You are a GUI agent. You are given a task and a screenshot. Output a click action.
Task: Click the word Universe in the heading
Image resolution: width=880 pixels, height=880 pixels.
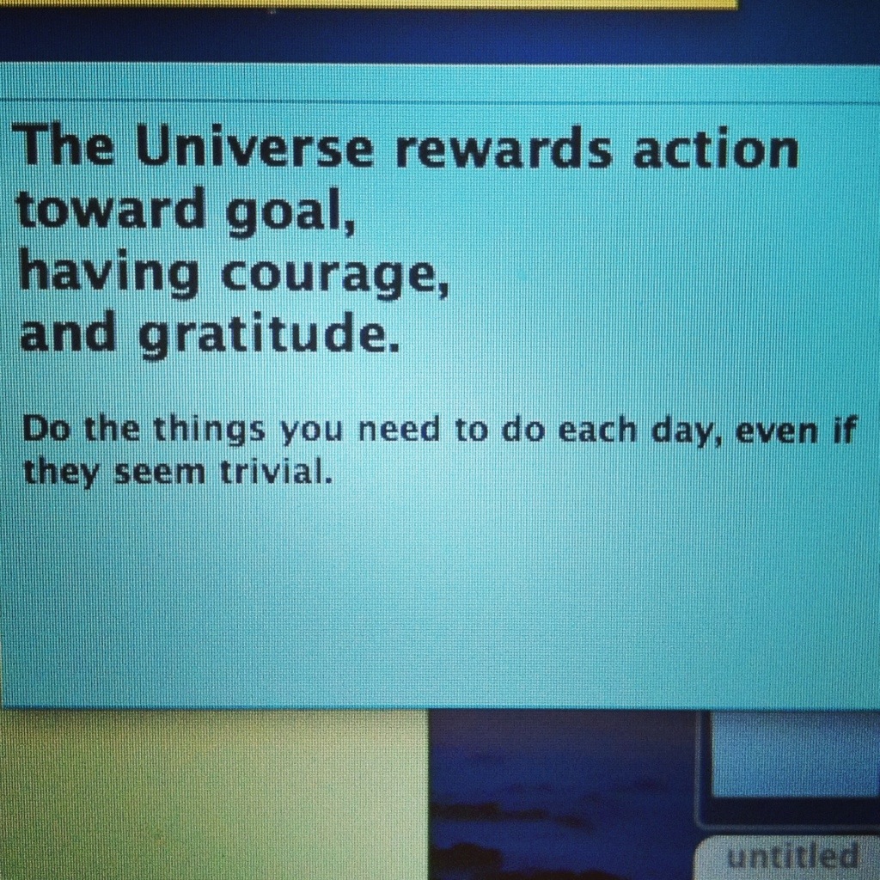point(254,148)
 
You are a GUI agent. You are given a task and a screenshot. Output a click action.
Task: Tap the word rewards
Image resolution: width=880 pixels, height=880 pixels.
point(504,149)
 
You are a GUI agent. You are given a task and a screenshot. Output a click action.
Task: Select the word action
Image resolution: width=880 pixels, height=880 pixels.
point(716,147)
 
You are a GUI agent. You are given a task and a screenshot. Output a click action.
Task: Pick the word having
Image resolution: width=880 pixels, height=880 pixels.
point(109,273)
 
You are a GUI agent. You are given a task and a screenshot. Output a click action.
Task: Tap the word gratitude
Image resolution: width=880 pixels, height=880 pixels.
point(269,336)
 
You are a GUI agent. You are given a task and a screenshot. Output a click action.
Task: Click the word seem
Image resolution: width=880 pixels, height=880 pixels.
point(160,474)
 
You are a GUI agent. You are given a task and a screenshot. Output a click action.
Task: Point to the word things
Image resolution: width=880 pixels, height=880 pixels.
point(209,431)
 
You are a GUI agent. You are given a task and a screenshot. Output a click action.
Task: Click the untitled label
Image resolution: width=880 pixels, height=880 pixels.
point(791,857)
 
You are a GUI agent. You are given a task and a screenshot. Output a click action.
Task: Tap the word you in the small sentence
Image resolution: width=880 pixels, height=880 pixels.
point(311,433)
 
